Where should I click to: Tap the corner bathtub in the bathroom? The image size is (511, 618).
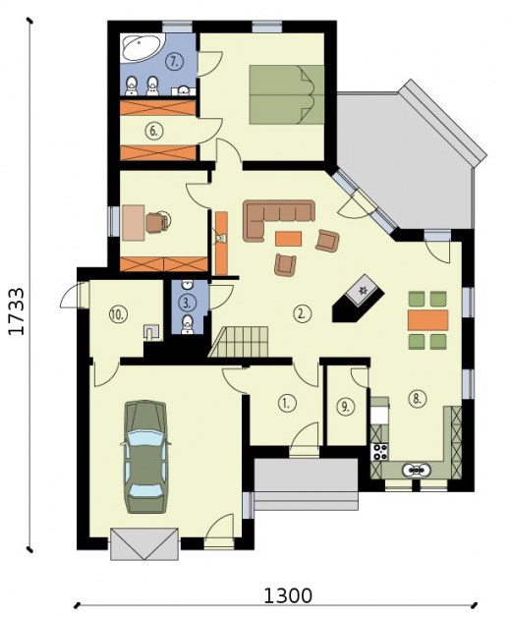click(x=142, y=48)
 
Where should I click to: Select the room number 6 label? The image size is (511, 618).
click(x=153, y=131)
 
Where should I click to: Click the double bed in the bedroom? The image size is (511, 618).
click(x=287, y=94)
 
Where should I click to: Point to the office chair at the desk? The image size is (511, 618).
click(x=158, y=222)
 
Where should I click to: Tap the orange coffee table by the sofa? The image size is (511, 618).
click(x=288, y=239)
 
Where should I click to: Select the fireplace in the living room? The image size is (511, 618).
click(x=359, y=298)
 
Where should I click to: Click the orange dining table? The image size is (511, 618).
click(x=427, y=320)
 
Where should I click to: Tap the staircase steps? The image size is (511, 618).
click(x=240, y=342)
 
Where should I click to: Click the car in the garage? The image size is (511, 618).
click(x=145, y=457)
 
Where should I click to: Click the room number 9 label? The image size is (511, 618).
click(x=345, y=407)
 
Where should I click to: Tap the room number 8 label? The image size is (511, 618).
click(x=418, y=398)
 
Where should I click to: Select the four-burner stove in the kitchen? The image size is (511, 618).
click(x=379, y=452)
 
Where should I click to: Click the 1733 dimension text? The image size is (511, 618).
click(x=17, y=311)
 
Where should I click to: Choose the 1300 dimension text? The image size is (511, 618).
click(x=287, y=596)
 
